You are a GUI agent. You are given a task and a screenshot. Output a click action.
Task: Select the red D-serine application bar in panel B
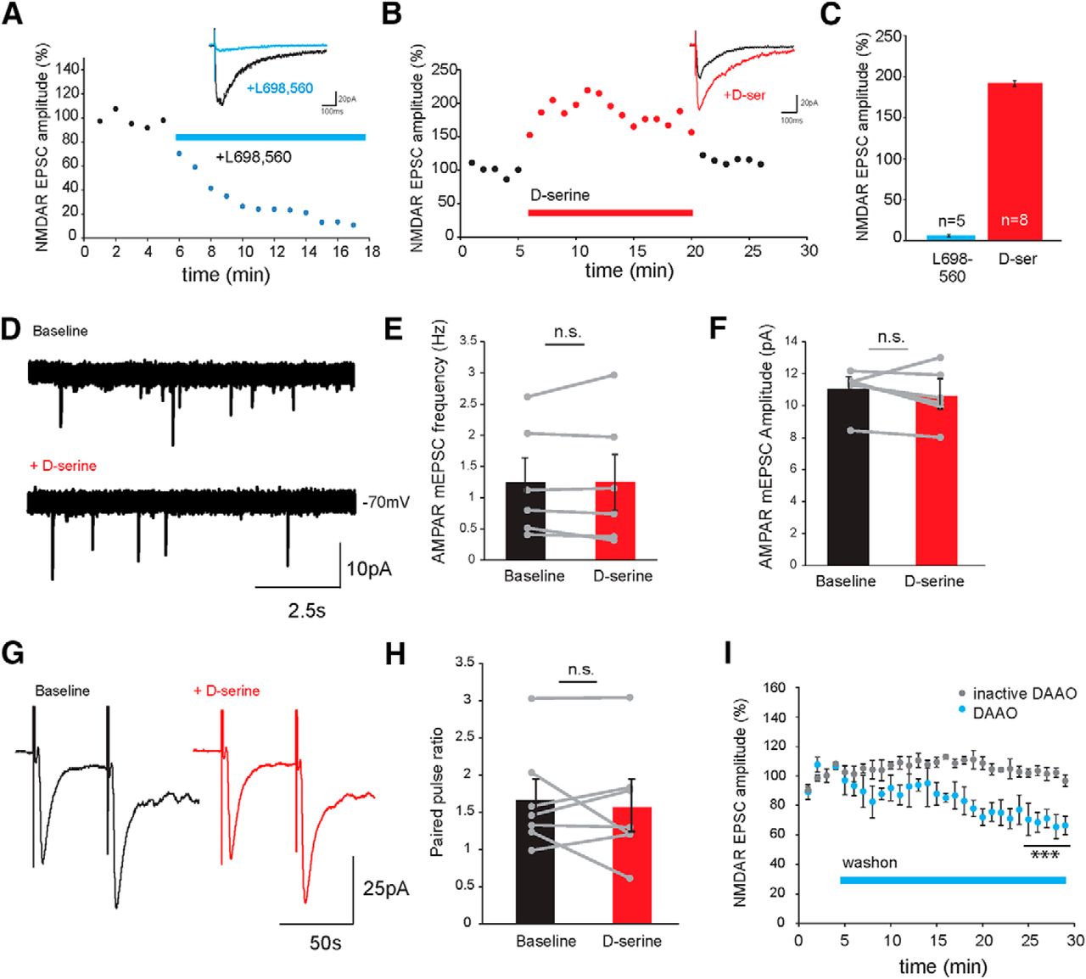pyautogui.click(x=610, y=212)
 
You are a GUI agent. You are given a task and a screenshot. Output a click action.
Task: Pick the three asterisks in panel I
pyautogui.click(x=1044, y=856)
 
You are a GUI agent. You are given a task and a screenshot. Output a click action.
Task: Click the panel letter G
pyautogui.click(x=15, y=654)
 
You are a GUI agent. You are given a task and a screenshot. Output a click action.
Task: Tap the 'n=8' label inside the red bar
pyautogui.click(x=1015, y=220)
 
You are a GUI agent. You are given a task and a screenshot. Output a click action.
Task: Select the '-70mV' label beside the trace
pyautogui.click(x=385, y=502)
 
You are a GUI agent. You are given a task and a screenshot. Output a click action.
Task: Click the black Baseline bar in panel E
pyautogui.click(x=525, y=521)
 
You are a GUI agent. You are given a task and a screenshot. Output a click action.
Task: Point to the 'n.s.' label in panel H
pyautogui.click(x=579, y=669)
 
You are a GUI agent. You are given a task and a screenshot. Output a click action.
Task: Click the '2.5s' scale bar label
pyautogui.click(x=306, y=610)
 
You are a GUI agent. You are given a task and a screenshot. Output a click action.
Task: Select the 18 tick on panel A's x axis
pyautogui.click(x=372, y=251)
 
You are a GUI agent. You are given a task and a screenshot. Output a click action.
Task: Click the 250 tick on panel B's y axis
pyautogui.click(x=443, y=70)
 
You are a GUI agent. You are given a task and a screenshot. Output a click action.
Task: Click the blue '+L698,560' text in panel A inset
pyautogui.click(x=280, y=88)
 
